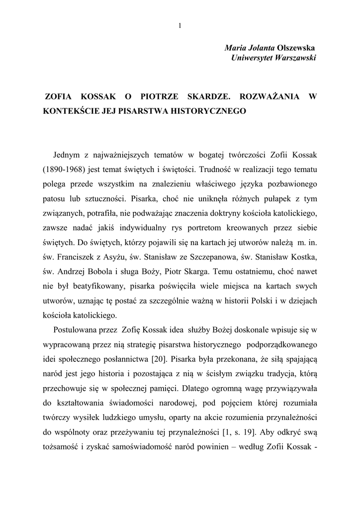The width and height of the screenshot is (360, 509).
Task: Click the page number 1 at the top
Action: [x=180, y=26]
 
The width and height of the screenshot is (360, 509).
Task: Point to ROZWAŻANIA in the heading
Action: [x=268, y=96]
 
